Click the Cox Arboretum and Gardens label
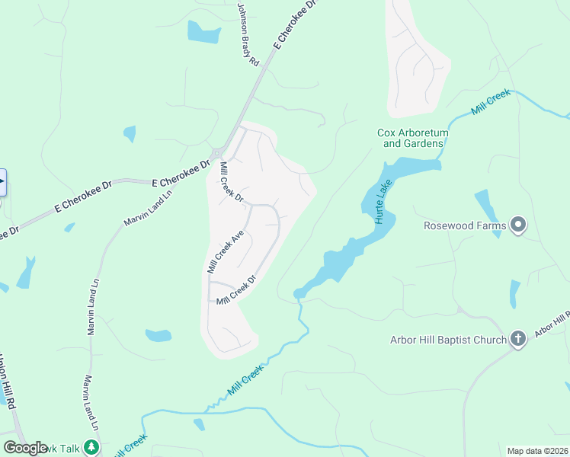(x=412, y=138)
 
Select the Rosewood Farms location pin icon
(x=519, y=225)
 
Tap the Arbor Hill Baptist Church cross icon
(x=517, y=339)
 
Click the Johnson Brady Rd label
(x=248, y=34)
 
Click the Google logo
(x=25, y=447)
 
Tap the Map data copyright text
(x=537, y=451)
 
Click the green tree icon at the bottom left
(x=91, y=447)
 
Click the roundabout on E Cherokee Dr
(x=218, y=152)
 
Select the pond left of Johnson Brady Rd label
(x=203, y=32)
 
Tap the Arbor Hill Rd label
(x=551, y=324)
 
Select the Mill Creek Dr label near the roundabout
(x=230, y=182)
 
